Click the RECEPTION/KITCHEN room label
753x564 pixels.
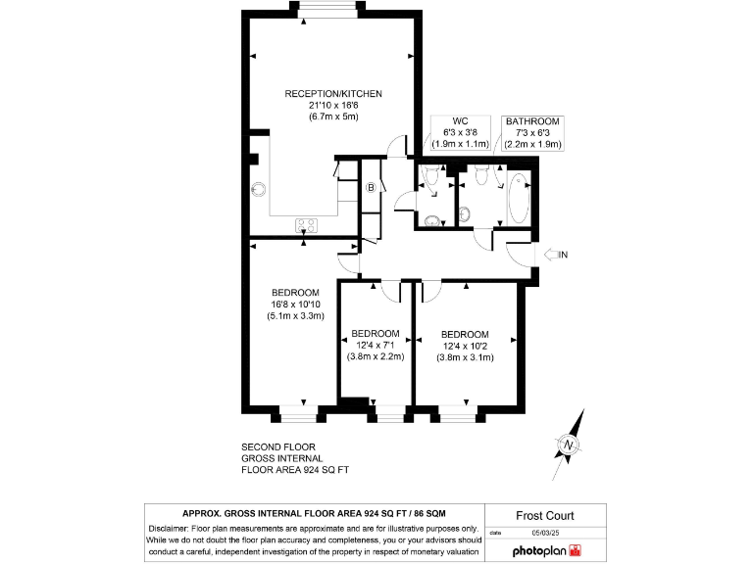pyautogui.click(x=332, y=94)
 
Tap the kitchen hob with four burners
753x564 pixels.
pyautogui.click(x=306, y=225)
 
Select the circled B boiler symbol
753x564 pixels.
pyautogui.click(x=372, y=188)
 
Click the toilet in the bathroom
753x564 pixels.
pyautogui.click(x=479, y=176)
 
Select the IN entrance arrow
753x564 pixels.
pyautogui.click(x=554, y=256)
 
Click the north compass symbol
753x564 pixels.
pyautogui.click(x=567, y=446)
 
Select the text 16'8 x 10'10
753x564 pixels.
pyautogui.click(x=295, y=305)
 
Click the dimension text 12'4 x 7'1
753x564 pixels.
pyautogui.click(x=375, y=345)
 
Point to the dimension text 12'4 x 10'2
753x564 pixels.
pyautogui.click(x=464, y=346)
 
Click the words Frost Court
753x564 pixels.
pyautogui.click(x=544, y=516)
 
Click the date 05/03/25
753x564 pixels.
pyautogui.click(x=543, y=533)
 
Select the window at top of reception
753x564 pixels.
pyautogui.click(x=328, y=10)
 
